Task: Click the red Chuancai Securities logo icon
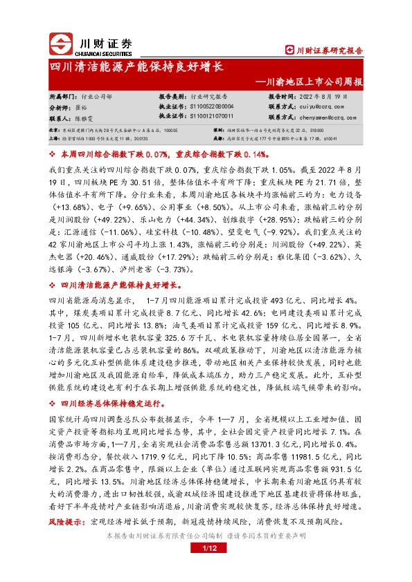click(60, 43)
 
